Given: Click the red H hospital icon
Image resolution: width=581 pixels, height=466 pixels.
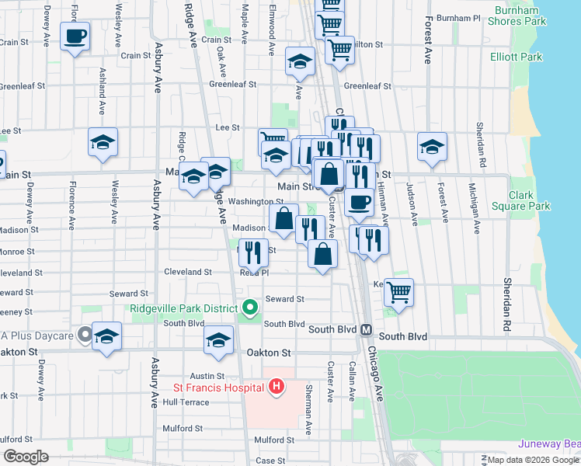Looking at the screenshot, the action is pyautogui.click(x=277, y=386).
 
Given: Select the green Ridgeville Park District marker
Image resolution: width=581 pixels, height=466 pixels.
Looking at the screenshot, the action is pyautogui.click(x=249, y=308).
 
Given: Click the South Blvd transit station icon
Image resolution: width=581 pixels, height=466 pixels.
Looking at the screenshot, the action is pyautogui.click(x=366, y=329).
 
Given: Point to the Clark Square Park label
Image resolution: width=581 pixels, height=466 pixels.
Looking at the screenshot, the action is pyautogui.click(x=530, y=200).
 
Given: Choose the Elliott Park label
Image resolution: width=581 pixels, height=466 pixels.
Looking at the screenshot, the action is pyautogui.click(x=516, y=57).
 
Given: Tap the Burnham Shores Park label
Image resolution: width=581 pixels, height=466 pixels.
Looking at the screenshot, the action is pyautogui.click(x=512, y=16).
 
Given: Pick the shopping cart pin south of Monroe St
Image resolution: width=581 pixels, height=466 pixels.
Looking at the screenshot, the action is pyautogui.click(x=399, y=292).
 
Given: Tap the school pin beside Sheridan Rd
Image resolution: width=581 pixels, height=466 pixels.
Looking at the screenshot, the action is pyautogui.click(x=432, y=146).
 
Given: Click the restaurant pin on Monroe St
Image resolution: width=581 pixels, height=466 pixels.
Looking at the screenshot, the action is pyautogui.click(x=253, y=251).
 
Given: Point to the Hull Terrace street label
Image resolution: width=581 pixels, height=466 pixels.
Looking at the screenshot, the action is pyautogui.click(x=186, y=402).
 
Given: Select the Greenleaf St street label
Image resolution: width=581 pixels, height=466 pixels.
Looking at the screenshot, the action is pyautogui.click(x=365, y=86).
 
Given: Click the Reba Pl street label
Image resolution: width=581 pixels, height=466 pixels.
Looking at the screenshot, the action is pyautogui.click(x=254, y=273).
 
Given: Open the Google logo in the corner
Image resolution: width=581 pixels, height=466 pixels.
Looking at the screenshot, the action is pyautogui.click(x=26, y=457).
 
